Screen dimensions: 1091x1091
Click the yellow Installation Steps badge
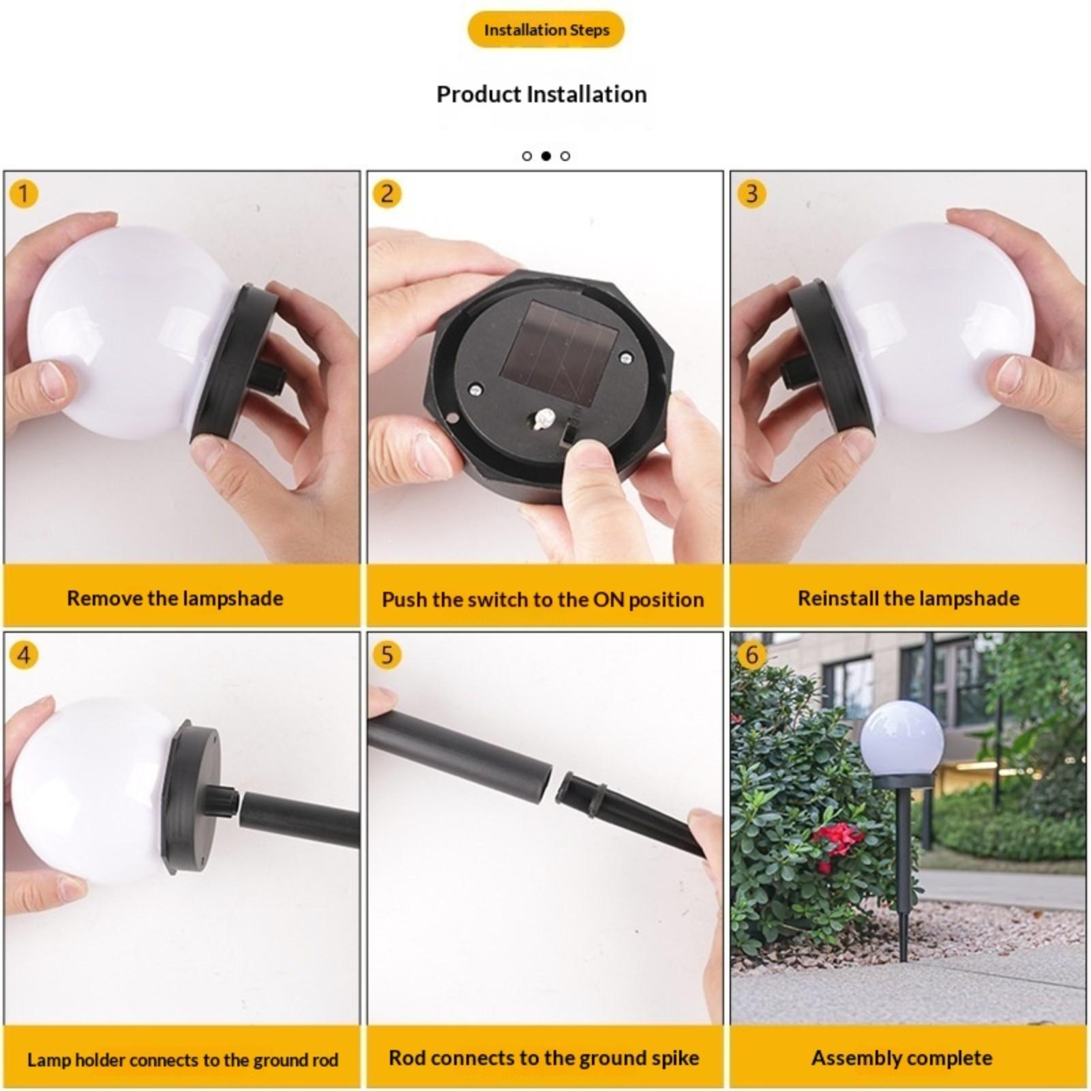click(x=545, y=30)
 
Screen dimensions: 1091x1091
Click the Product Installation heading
click(x=541, y=94)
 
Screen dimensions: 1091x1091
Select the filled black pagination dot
click(x=545, y=156)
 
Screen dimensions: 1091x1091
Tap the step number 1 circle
click(x=24, y=194)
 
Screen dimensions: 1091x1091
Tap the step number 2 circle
click(x=387, y=194)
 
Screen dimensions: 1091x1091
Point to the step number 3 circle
click(x=751, y=194)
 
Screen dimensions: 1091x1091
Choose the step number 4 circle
click(x=24, y=655)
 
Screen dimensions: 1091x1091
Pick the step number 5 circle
click(x=387, y=655)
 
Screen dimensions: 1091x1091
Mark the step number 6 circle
click(x=751, y=655)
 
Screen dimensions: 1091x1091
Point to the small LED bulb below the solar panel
click(x=543, y=419)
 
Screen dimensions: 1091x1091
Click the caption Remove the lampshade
click(x=175, y=599)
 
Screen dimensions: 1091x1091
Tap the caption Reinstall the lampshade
click(x=909, y=599)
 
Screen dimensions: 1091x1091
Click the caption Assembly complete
click(x=901, y=1058)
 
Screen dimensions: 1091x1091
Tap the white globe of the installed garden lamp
click(x=901, y=739)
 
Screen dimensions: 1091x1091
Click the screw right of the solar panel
click(x=625, y=357)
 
